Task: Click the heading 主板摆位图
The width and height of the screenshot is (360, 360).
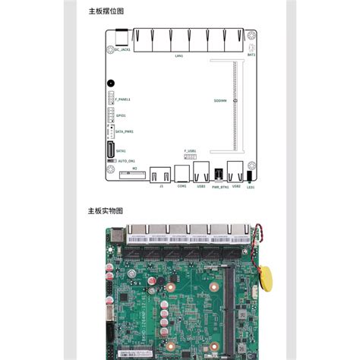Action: (x=106, y=11)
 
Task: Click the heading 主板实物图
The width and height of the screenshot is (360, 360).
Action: (x=106, y=210)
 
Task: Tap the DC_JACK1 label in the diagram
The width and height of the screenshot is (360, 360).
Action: (x=122, y=50)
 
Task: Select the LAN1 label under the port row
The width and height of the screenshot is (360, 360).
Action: (x=179, y=55)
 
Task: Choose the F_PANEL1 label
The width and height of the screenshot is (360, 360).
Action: (x=123, y=99)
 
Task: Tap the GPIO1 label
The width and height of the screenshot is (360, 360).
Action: (x=121, y=116)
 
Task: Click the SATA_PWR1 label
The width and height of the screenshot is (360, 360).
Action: (x=125, y=131)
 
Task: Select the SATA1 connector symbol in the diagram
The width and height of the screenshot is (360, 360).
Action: (x=110, y=150)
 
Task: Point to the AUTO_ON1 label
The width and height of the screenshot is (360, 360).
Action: (x=125, y=161)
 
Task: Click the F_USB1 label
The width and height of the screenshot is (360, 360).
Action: (x=191, y=150)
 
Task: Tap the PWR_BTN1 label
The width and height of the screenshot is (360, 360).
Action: (x=219, y=186)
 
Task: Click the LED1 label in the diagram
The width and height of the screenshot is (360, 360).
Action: (x=250, y=186)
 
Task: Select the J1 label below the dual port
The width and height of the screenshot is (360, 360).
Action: (x=161, y=186)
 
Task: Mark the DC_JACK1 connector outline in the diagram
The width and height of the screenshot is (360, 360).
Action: (x=121, y=37)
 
